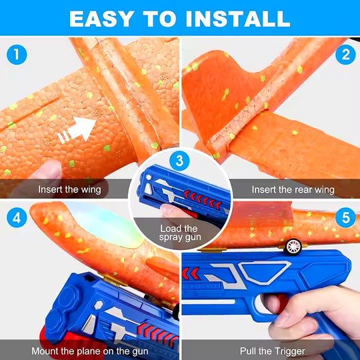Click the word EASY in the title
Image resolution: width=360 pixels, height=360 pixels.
tap(102, 19)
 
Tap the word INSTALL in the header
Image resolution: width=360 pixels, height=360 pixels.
tap(238, 19)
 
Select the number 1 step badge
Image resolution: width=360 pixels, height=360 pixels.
tap(17, 55)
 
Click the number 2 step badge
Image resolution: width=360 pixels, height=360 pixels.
tap(345, 55)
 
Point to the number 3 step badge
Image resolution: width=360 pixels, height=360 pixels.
tap(179, 161)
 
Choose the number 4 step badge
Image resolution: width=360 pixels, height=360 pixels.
tap(17, 217)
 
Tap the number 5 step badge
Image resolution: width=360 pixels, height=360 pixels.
tap(345, 217)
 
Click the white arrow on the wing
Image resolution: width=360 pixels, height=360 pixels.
tap(77, 130)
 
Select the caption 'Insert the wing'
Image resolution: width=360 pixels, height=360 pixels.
tap(69, 189)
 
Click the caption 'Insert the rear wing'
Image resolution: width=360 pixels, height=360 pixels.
tap(293, 189)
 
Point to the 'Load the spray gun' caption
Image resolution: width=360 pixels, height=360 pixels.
tap(180, 233)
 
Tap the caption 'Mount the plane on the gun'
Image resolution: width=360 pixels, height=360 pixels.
tap(90, 351)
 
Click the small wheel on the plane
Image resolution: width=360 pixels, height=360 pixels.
tap(293, 247)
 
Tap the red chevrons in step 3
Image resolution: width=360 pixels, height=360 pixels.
tap(203, 199)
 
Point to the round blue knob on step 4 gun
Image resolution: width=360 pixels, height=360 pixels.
tap(69, 299)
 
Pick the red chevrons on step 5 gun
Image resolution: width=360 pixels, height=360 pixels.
tap(190, 273)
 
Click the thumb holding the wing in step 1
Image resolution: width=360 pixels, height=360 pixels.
tap(46, 171)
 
